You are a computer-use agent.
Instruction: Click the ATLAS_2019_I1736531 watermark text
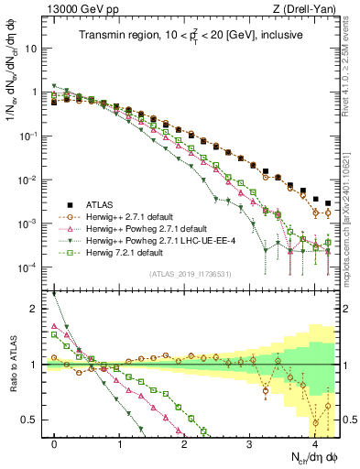(x=191, y=274)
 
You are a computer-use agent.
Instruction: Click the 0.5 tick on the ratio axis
(x=35, y=420)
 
